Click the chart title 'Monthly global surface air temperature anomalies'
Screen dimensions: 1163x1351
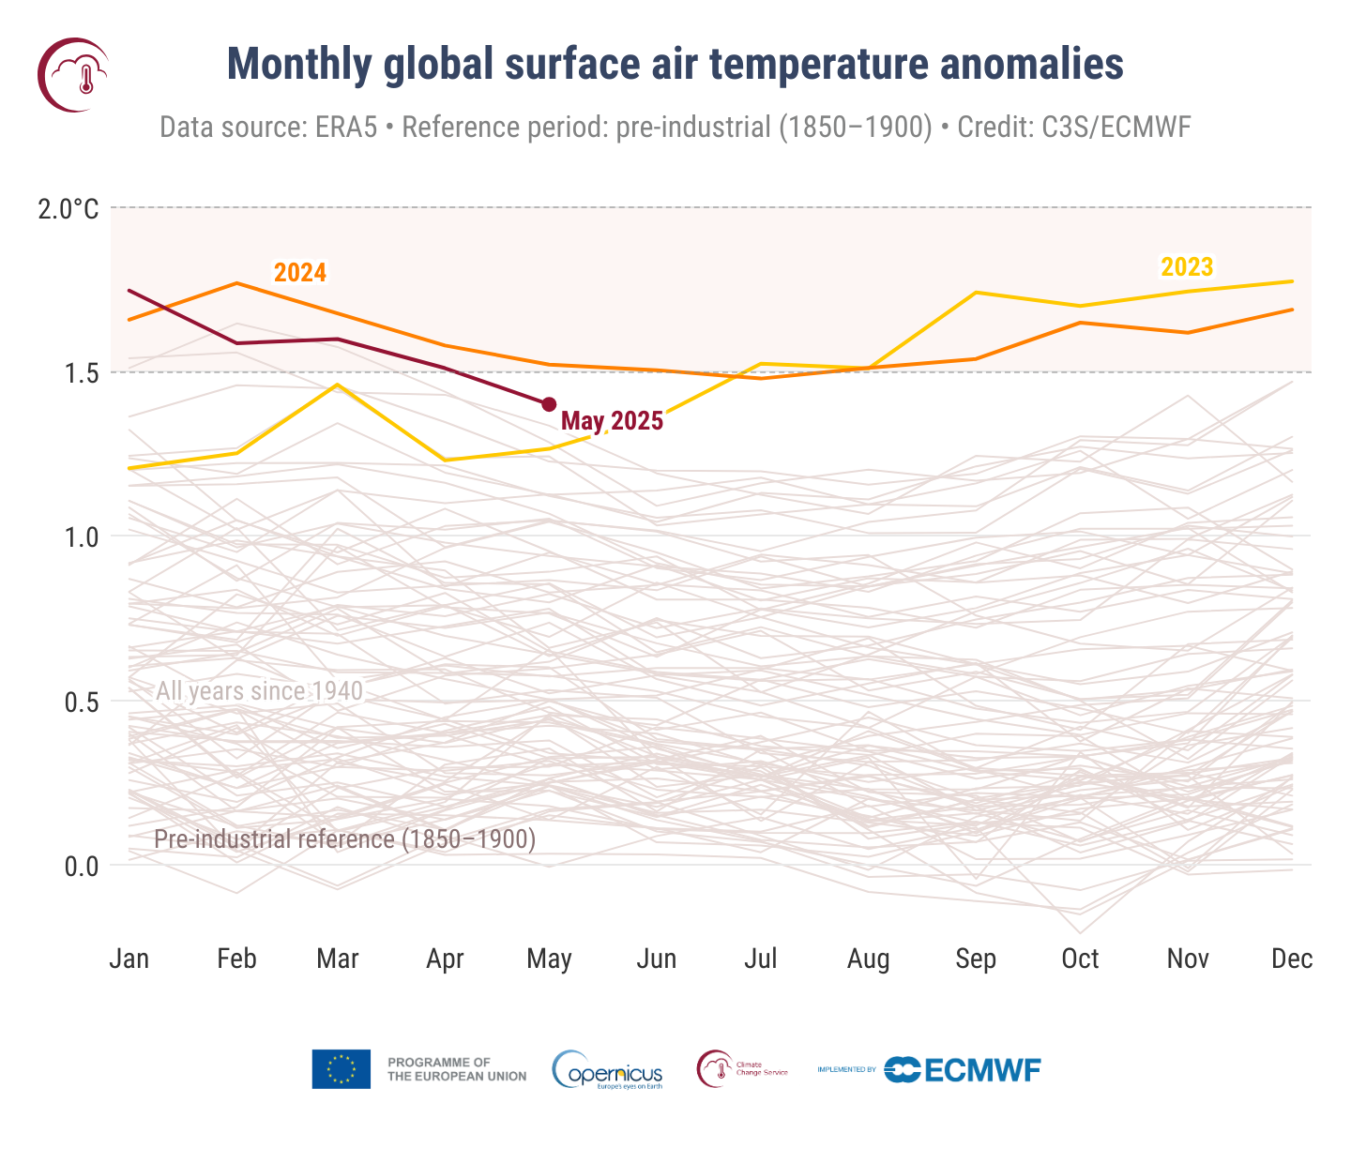675,65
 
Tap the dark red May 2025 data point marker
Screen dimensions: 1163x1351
549,404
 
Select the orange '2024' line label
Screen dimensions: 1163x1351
300,273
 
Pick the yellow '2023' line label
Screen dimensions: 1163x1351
1187,267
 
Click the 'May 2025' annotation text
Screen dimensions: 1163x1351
612,422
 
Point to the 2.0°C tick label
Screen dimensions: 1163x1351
68,208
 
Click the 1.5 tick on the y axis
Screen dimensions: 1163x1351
82,373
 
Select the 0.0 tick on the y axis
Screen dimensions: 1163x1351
82,866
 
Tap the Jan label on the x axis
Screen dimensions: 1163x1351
129,959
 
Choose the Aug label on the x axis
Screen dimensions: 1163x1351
868,959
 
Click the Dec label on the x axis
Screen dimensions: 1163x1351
1292,959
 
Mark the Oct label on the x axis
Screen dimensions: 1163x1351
1080,959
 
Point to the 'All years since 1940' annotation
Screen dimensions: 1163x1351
259,691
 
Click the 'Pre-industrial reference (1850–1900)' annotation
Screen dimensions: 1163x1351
344,838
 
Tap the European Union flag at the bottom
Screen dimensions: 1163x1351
342,1069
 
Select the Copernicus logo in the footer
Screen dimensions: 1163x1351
608,1070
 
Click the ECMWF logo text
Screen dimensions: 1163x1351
981,1070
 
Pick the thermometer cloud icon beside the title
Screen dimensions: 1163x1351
73,75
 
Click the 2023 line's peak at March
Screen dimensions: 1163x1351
338,385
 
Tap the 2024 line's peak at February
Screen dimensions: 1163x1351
236,282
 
